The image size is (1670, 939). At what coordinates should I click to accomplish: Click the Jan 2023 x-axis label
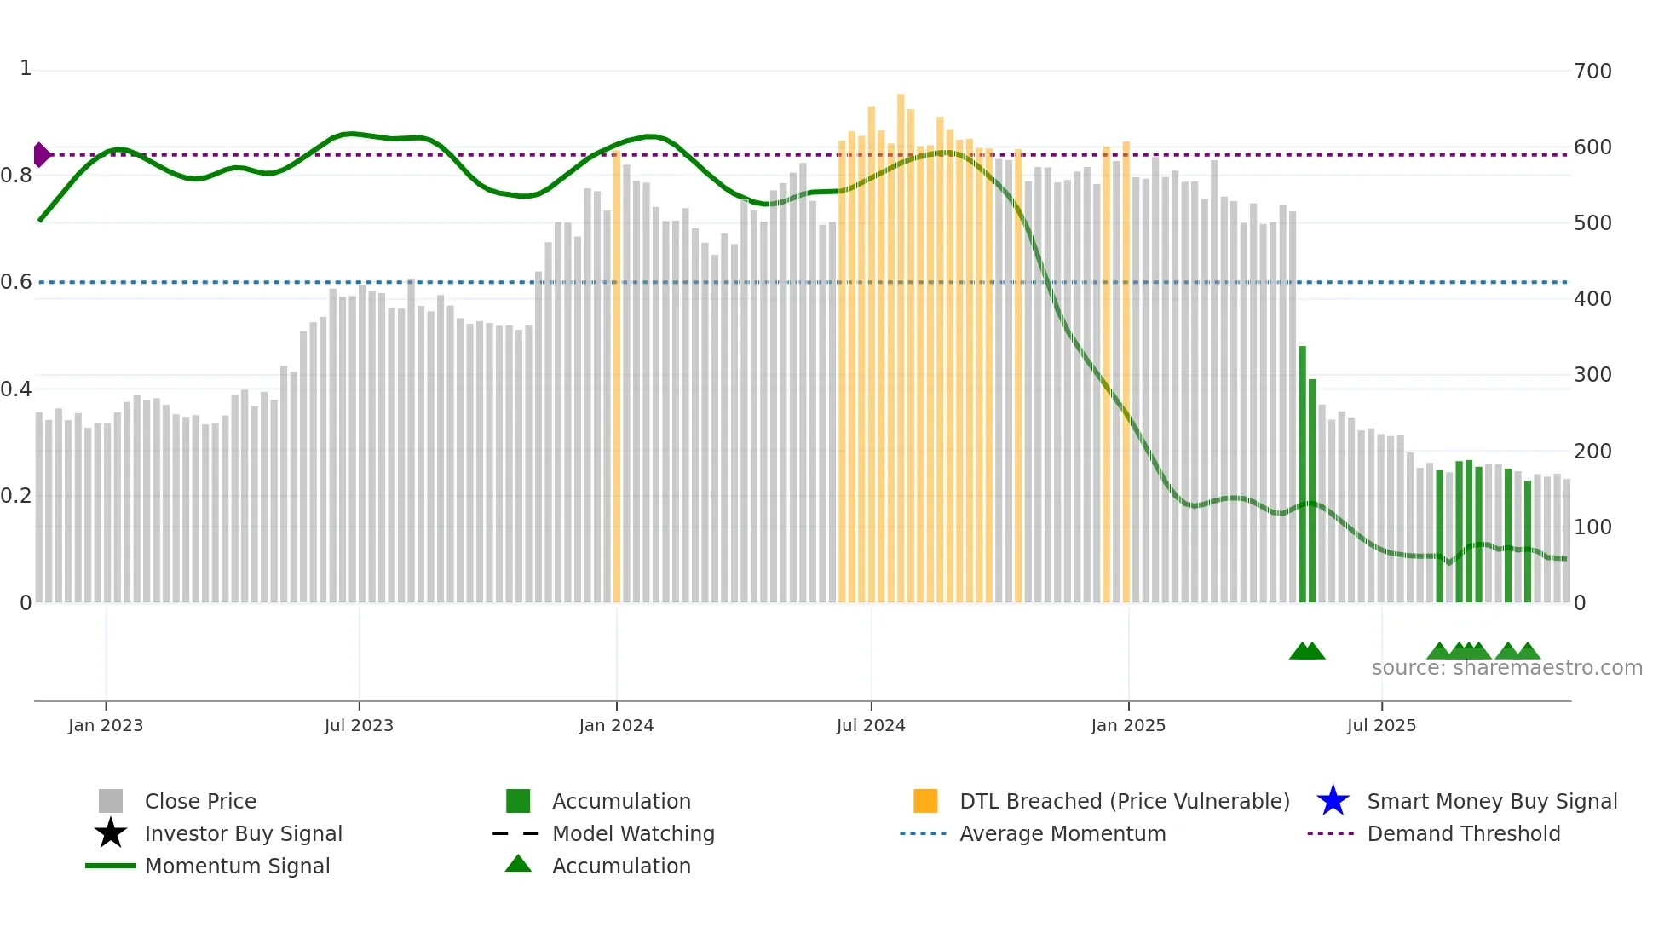(106, 725)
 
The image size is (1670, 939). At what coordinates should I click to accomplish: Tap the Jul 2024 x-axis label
(871, 725)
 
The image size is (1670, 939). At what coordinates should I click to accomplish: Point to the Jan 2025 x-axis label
(1128, 725)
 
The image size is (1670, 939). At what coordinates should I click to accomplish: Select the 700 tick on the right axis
(1592, 71)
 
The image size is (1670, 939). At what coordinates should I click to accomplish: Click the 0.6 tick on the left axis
(16, 282)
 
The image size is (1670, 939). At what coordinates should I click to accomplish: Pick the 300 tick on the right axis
(1592, 375)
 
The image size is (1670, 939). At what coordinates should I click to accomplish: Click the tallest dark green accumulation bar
(1302, 473)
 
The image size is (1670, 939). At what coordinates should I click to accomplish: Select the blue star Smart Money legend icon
(1333, 801)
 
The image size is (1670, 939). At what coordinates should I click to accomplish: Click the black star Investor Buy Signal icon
(111, 833)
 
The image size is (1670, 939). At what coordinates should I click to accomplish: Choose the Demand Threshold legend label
(1463, 833)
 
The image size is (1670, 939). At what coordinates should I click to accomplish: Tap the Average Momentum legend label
(1062, 833)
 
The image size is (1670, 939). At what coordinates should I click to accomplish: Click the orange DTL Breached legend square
(925, 801)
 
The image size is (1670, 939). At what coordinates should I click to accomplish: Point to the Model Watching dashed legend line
(516, 833)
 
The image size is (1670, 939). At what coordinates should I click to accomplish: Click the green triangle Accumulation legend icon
(518, 864)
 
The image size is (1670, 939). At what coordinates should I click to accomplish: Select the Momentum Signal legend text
(237, 866)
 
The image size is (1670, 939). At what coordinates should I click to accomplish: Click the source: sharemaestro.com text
(1506, 667)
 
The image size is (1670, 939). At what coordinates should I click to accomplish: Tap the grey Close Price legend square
(111, 801)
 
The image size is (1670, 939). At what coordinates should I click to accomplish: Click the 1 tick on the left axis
(26, 68)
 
